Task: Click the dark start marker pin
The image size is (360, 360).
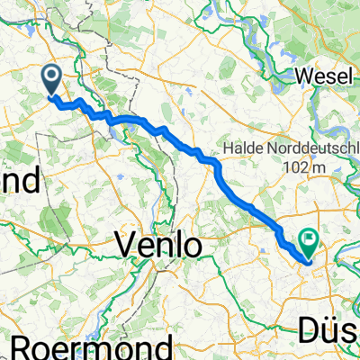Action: (x=52, y=79)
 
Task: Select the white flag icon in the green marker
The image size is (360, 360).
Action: (x=312, y=238)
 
